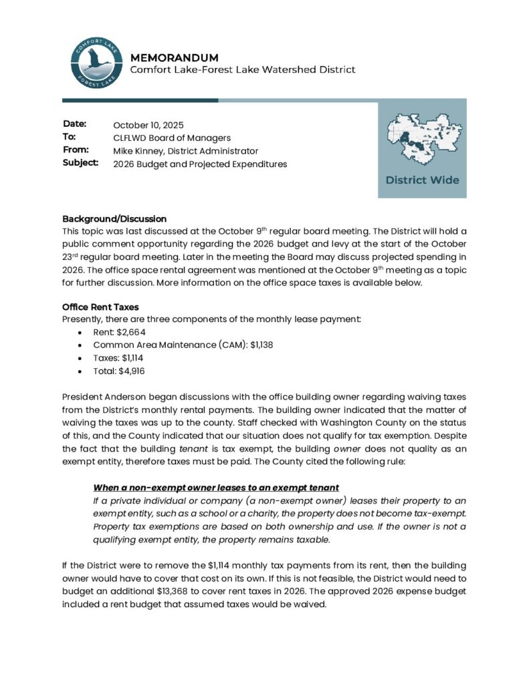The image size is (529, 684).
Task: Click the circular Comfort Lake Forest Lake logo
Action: pyautogui.click(x=96, y=64)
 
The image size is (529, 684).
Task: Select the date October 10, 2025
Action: pyautogui.click(x=148, y=125)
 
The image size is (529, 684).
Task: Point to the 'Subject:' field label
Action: pyautogui.click(x=80, y=163)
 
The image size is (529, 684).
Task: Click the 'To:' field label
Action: pyautogui.click(x=69, y=137)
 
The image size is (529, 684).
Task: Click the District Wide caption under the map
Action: pyautogui.click(x=422, y=180)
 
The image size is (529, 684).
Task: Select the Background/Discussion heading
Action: pyautogui.click(x=114, y=219)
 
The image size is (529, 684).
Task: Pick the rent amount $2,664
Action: pyautogui.click(x=132, y=332)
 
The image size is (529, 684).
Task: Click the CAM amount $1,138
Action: pyautogui.click(x=261, y=345)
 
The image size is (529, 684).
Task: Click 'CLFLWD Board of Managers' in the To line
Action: pyautogui.click(x=172, y=138)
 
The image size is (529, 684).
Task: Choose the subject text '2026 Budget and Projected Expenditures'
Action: pyautogui.click(x=200, y=164)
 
